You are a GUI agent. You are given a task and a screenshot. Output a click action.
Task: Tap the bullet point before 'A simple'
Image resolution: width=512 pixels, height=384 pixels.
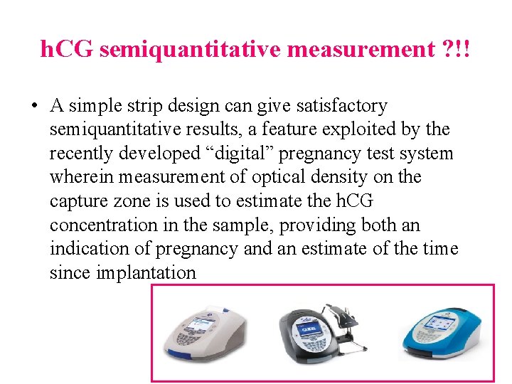(x=34, y=106)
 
